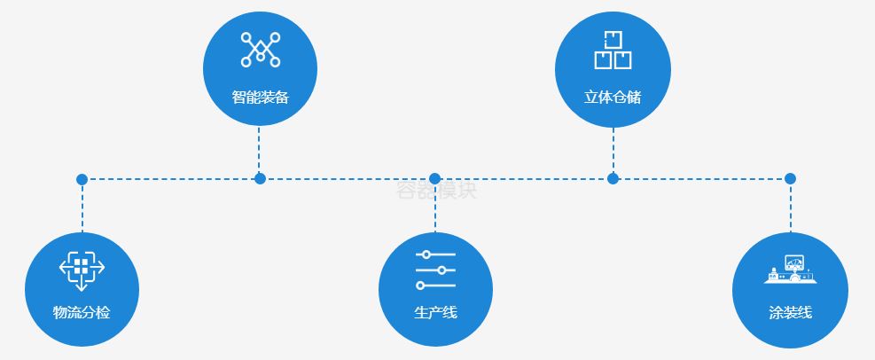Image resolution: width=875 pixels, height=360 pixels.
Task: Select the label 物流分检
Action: (x=82, y=312)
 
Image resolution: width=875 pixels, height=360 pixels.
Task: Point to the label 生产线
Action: (x=435, y=312)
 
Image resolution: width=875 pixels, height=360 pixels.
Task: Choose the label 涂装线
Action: (x=790, y=312)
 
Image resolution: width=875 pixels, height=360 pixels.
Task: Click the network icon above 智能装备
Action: (x=260, y=50)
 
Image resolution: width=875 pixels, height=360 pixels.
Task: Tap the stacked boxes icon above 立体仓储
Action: (x=613, y=50)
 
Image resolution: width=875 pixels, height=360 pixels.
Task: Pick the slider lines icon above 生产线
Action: (x=435, y=270)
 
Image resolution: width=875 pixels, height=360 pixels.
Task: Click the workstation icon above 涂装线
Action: (x=790, y=270)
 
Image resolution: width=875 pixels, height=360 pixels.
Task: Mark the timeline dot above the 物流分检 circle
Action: (x=82, y=179)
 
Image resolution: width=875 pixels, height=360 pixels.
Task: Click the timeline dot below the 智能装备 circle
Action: (x=260, y=178)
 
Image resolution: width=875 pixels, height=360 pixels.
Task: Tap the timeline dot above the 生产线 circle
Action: (x=434, y=178)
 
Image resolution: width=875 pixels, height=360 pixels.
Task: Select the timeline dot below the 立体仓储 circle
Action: (x=613, y=178)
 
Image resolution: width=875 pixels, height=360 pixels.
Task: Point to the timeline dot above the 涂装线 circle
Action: (x=790, y=178)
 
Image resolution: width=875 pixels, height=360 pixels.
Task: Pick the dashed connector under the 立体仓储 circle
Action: (x=613, y=149)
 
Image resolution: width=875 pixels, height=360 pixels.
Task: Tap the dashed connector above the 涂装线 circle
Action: (x=790, y=208)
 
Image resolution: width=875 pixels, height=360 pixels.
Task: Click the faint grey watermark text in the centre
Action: (x=435, y=190)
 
